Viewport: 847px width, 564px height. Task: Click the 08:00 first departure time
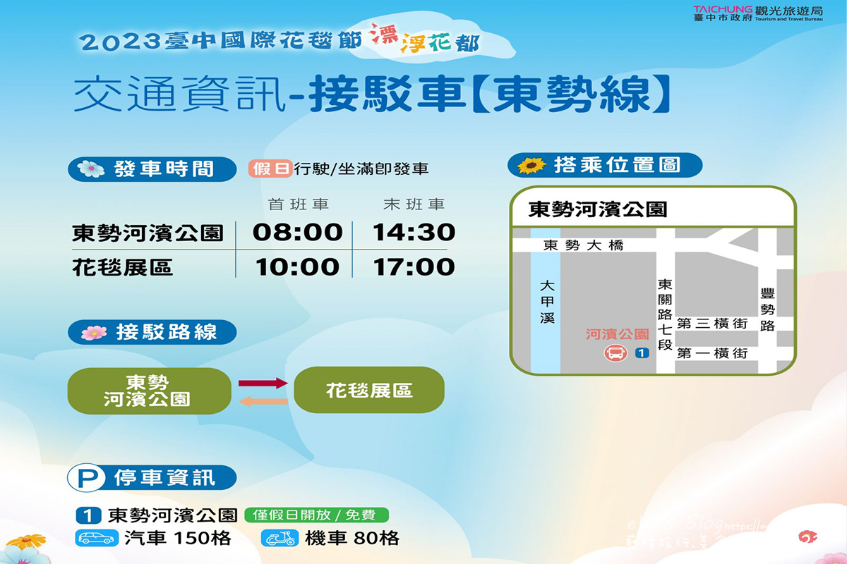[298, 233]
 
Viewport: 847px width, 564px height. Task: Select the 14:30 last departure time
[414, 233]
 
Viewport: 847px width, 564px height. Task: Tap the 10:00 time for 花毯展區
[298, 267]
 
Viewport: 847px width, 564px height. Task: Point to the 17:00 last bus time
[414, 267]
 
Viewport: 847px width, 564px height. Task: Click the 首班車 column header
[299, 204]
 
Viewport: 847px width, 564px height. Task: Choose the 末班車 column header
[414, 204]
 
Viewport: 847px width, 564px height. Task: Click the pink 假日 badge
[270, 169]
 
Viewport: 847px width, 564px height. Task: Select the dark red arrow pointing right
[263, 383]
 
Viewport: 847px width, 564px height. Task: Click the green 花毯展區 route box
[369, 390]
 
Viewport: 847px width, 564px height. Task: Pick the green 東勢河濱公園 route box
[149, 391]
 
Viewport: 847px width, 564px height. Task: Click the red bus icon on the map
[615, 353]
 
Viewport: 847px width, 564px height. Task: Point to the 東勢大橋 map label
[584, 245]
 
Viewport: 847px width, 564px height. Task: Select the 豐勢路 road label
[767, 309]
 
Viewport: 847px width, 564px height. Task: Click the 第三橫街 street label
[711, 324]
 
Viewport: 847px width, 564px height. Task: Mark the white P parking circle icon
[88, 479]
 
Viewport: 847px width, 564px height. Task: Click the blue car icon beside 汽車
[96, 538]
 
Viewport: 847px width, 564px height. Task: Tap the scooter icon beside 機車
[279, 538]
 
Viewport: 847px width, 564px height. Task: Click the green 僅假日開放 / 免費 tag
[316, 515]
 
